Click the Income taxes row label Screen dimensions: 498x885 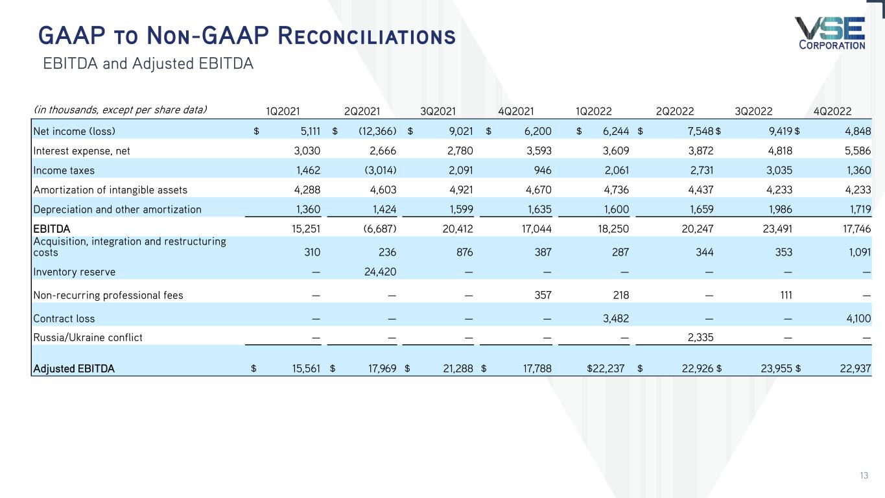coord(64,171)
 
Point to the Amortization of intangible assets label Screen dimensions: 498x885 coord(110,190)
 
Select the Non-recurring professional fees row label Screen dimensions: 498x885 coord(108,296)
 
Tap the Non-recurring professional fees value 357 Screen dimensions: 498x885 coord(543,296)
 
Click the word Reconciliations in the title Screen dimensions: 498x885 coord(366,36)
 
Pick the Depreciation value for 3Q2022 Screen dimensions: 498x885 coord(778,209)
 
